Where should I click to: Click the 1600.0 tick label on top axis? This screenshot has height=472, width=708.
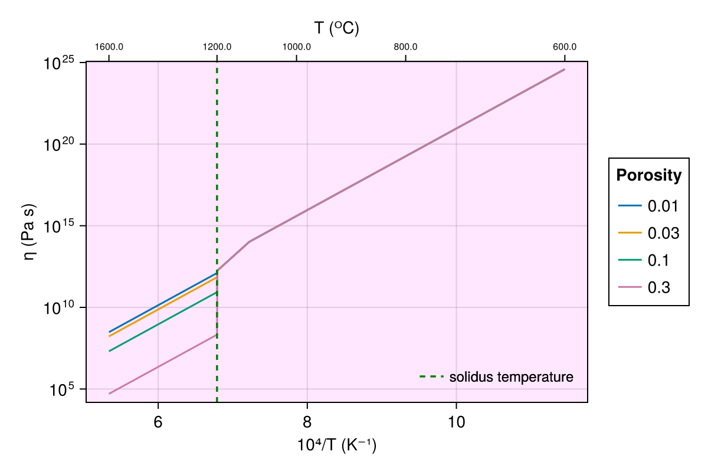[x=109, y=47]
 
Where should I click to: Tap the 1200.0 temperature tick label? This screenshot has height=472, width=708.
[x=217, y=47]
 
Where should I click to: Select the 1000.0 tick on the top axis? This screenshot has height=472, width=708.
[x=297, y=47]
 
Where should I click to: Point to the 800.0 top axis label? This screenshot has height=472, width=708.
[x=406, y=47]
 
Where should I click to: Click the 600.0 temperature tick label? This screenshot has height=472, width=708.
[x=565, y=47]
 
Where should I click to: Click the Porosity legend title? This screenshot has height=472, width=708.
[x=648, y=175]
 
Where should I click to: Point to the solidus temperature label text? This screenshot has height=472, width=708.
[x=511, y=377]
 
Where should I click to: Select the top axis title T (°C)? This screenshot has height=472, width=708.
[x=336, y=28]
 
